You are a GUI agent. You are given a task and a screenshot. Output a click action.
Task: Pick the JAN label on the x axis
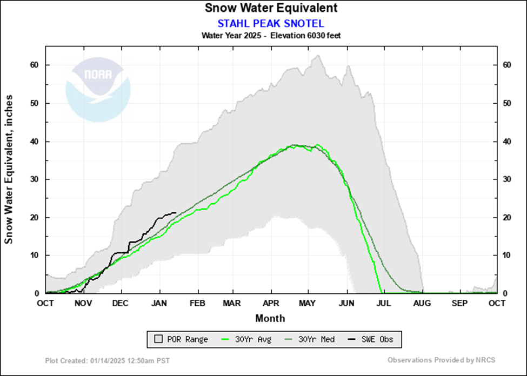(x=159, y=303)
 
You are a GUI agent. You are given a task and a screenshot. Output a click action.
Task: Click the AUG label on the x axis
(x=422, y=303)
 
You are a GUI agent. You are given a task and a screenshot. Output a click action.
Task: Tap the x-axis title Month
(x=271, y=318)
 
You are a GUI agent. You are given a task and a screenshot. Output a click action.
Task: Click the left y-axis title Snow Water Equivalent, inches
(x=9, y=170)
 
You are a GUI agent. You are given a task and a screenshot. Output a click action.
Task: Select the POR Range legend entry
(x=178, y=339)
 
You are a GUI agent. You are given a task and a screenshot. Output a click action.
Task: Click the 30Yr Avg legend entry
(x=248, y=339)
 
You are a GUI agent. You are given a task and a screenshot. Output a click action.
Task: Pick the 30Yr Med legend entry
(x=312, y=339)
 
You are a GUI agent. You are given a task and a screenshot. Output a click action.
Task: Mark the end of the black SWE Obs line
(x=176, y=213)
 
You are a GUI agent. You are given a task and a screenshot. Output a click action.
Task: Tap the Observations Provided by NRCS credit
(x=441, y=360)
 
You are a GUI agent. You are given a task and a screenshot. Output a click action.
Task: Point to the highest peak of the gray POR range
(x=317, y=55)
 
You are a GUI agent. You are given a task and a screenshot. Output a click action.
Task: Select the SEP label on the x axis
(x=459, y=303)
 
